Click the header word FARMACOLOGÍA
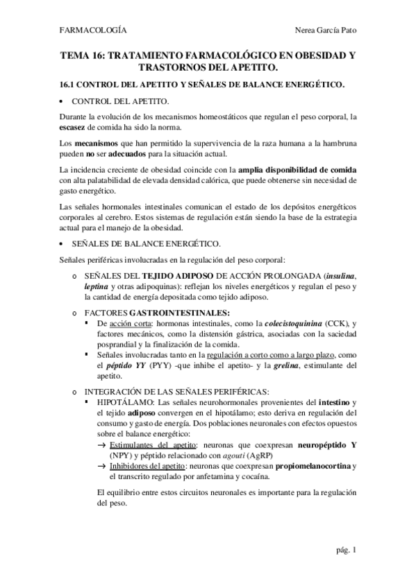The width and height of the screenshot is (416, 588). pos(94,31)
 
